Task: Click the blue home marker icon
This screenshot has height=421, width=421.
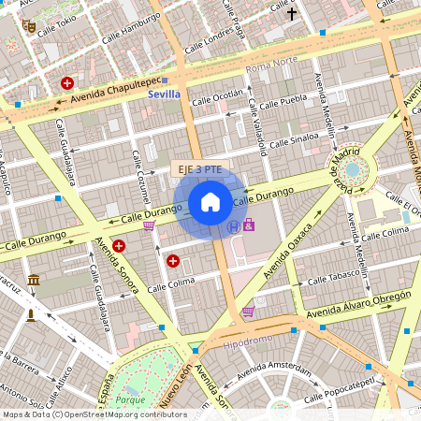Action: [210, 202]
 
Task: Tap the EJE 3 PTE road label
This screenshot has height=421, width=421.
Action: [199, 169]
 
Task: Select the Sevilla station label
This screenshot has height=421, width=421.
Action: [165, 94]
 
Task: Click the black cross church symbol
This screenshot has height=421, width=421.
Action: [291, 14]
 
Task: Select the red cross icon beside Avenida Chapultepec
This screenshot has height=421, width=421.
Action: [67, 83]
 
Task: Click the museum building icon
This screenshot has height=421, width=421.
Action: [35, 281]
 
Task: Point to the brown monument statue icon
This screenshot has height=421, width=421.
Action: [31, 314]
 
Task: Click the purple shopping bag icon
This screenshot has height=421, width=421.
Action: [249, 225]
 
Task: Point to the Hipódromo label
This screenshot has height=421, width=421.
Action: [248, 343]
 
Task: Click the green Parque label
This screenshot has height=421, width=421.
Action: [131, 400]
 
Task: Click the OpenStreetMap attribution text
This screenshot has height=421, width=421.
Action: [94, 414]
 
